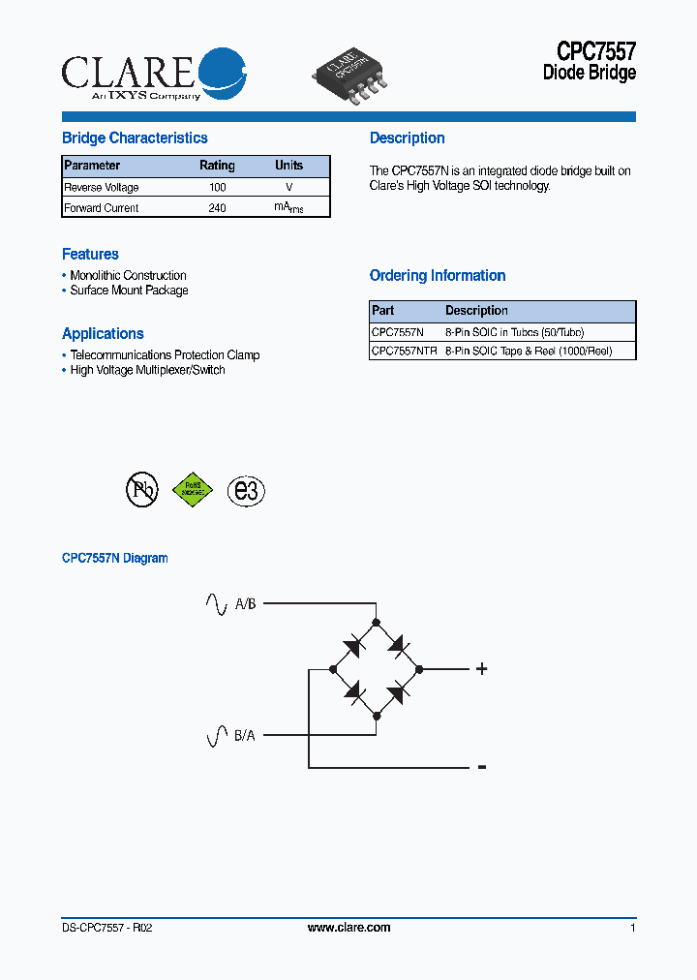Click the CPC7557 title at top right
coord(595,50)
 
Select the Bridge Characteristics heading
coord(135,138)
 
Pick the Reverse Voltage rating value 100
coord(217,187)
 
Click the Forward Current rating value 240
coord(217,207)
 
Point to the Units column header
coord(288,166)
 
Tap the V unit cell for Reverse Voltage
coord(288,187)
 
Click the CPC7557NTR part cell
coord(405,352)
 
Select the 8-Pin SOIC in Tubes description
coord(514,331)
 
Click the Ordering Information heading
coord(438,276)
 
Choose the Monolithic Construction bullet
coord(128,276)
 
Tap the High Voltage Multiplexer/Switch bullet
coord(147,370)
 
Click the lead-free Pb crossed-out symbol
coord(141,490)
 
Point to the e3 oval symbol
coord(246,491)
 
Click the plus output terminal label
coord(481,668)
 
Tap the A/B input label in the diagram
coord(245,604)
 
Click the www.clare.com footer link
coord(348,928)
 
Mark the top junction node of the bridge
coord(377,622)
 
